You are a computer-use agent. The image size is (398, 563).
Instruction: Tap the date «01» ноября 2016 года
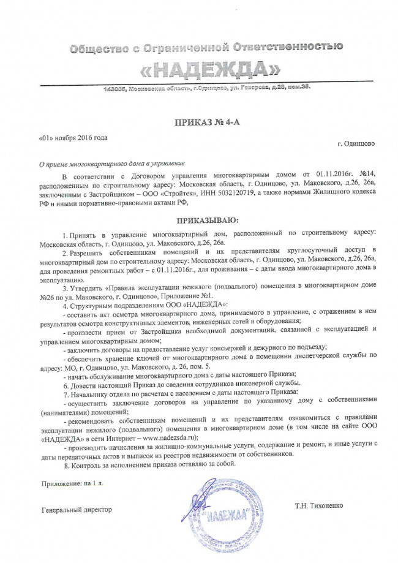coord(73,137)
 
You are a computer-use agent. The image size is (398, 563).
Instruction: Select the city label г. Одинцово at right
coord(357,144)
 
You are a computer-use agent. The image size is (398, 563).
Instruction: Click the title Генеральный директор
coord(77,510)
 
